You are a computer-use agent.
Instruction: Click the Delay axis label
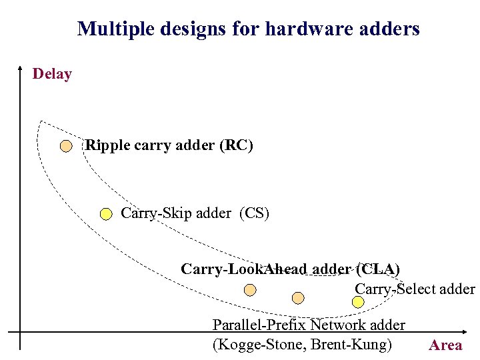[52, 74]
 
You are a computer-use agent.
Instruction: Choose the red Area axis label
[445, 345]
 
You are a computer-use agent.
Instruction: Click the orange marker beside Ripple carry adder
[66, 146]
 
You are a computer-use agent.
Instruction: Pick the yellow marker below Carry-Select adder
[358, 302]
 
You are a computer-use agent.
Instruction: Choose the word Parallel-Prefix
[259, 325]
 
